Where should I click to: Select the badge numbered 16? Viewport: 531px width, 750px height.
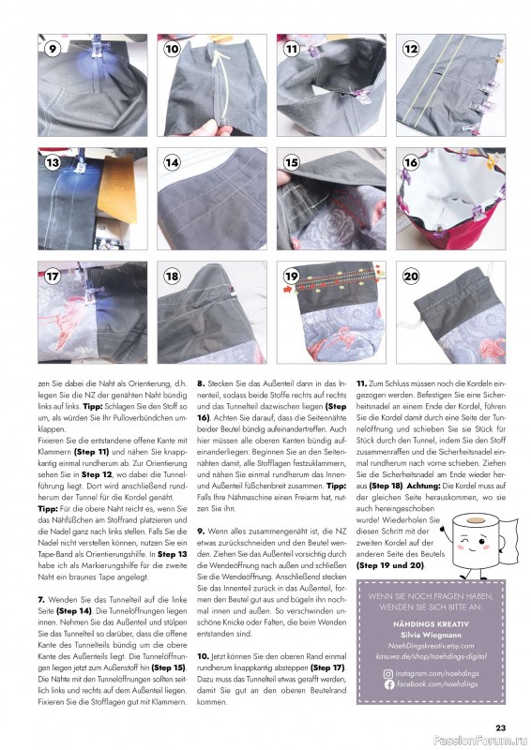point(410,161)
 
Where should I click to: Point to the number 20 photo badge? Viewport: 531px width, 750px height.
point(410,277)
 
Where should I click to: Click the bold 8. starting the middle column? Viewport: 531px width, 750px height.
point(200,384)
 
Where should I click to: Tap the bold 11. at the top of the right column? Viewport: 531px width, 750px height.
point(361,384)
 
